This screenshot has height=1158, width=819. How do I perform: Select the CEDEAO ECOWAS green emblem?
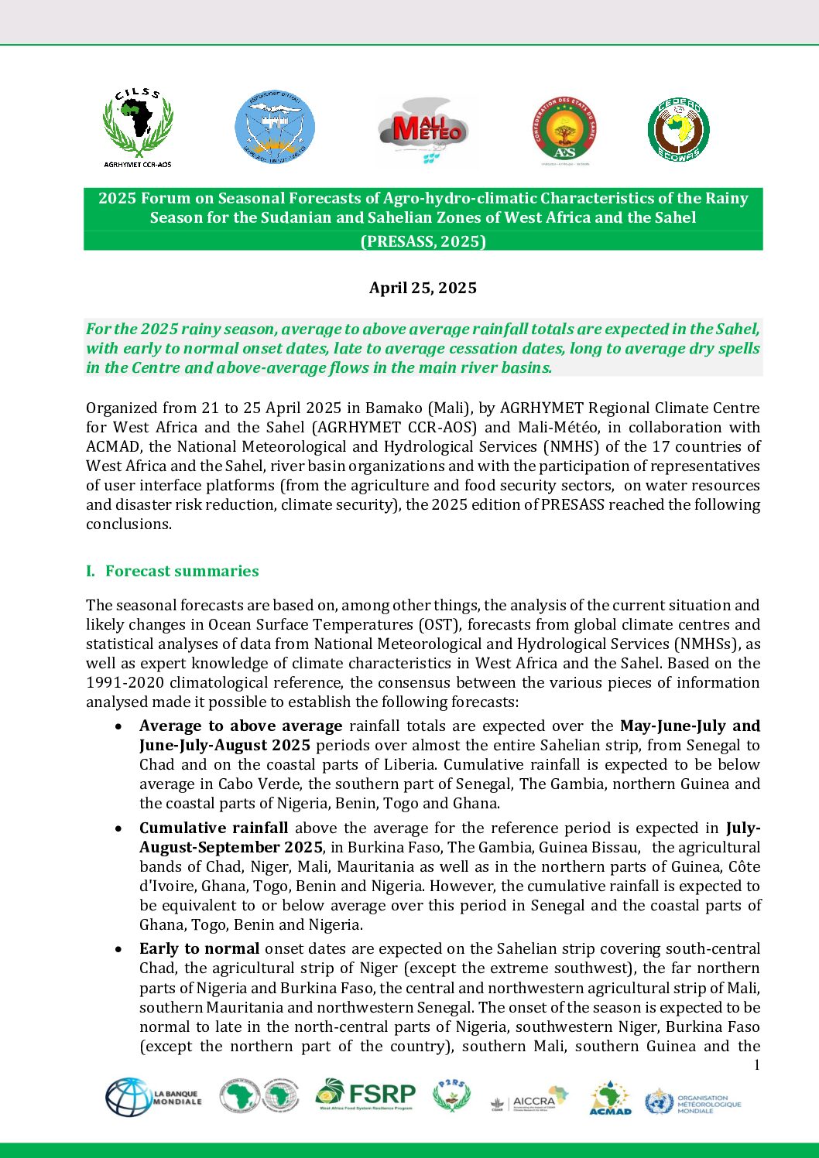coord(678,129)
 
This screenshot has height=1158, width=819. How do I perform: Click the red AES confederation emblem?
coord(564,130)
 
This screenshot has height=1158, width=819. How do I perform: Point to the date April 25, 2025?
coord(423,288)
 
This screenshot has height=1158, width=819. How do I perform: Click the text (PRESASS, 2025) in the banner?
coord(423,241)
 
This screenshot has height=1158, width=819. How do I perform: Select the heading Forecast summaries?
coord(182,571)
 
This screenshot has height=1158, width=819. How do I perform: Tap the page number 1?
coord(756,1065)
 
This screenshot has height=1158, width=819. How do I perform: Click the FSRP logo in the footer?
coord(365,1095)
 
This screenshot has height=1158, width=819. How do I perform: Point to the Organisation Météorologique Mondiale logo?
coord(693,1102)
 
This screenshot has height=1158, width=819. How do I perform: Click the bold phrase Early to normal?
coord(199,948)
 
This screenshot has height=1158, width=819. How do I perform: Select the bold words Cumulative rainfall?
coord(214,828)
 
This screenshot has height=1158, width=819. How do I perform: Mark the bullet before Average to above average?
coord(118,726)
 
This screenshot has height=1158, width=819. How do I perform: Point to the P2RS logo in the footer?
coord(451,1095)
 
